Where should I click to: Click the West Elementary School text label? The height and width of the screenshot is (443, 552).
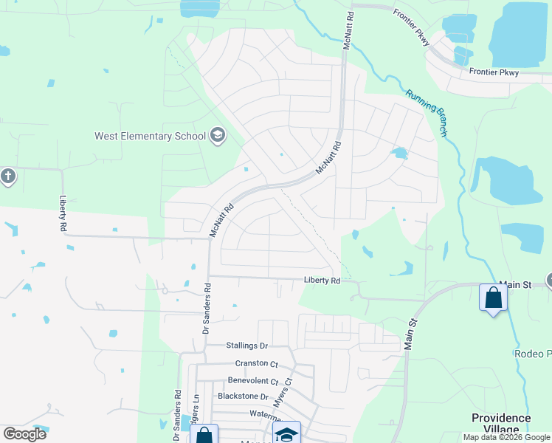point(150,136)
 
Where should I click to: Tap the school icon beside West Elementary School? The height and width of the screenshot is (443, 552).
point(218,134)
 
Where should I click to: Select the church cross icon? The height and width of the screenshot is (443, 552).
point(7,177)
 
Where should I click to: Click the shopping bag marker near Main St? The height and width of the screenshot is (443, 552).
point(492,298)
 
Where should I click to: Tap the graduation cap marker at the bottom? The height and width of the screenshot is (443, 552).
point(286,434)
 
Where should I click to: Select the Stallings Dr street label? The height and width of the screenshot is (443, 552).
point(246,346)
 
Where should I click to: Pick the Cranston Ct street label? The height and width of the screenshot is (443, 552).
point(256,363)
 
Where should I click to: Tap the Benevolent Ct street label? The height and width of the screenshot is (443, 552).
point(253,382)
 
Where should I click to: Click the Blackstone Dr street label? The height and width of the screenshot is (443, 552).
point(243,396)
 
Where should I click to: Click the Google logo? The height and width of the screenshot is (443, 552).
point(25,433)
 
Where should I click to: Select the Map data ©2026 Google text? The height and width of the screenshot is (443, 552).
point(506,437)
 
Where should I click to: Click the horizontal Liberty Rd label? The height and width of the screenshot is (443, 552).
point(322,281)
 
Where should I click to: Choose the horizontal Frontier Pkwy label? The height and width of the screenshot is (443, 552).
point(494,72)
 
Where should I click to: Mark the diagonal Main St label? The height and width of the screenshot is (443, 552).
point(411,333)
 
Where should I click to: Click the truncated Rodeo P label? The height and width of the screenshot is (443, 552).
point(532,354)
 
